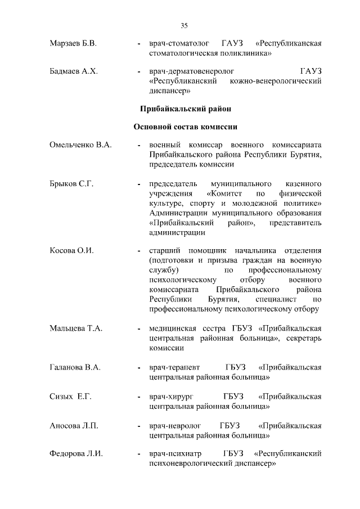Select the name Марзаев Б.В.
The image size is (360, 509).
[x=73, y=43]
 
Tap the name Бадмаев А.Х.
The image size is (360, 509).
[x=74, y=71]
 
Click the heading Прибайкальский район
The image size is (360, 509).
[x=185, y=108]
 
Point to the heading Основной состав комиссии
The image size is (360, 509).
[x=185, y=127]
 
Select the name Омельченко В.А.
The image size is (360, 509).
[x=80, y=145]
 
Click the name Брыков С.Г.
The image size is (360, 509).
[x=71, y=184]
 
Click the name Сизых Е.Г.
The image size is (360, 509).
[x=71, y=397]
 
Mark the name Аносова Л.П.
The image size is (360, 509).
[x=74, y=426]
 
